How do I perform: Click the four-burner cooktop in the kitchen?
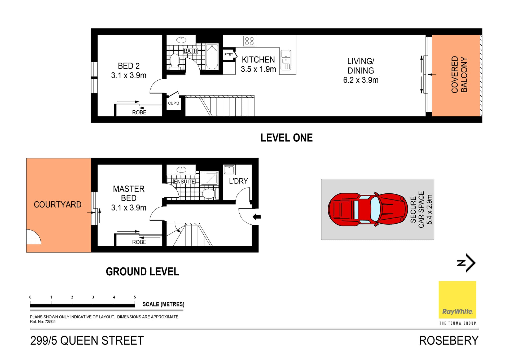point(249,41)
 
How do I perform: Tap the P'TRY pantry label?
point(229,55)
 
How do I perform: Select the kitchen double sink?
point(286,60)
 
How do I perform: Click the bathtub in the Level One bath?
point(212,57)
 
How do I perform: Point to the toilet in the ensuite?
point(209,194)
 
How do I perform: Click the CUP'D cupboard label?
point(173,103)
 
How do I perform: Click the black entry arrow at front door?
point(257,217)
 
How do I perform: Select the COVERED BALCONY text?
point(459,75)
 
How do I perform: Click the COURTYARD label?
point(58,205)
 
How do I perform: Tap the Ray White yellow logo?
point(457,300)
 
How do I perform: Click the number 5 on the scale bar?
point(135,297)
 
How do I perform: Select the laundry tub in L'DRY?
point(229,170)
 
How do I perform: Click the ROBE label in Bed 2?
point(139,112)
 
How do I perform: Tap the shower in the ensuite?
point(209,178)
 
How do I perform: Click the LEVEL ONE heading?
point(286,138)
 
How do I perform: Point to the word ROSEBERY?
point(449,341)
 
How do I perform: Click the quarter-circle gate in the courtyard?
point(33,237)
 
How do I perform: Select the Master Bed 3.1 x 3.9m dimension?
point(129,208)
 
